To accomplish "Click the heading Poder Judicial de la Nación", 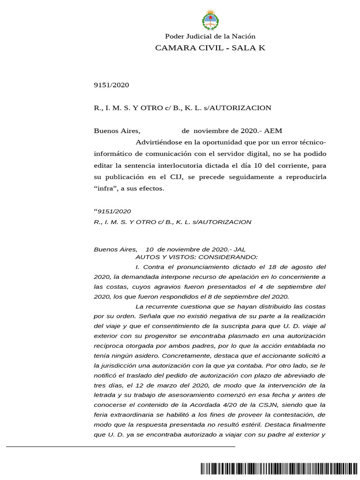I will pyautogui.click(x=210, y=37).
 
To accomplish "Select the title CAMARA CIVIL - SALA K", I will pyautogui.click(x=210, y=48).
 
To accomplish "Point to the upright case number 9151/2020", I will pyautogui.click(x=112, y=85).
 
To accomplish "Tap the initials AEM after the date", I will pyautogui.click(x=273, y=131).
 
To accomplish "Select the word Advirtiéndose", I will pyautogui.click(x=160, y=142).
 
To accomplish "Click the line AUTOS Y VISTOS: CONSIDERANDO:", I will pyautogui.click(x=196, y=257).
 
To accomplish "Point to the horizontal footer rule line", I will pyautogui.click(x=120, y=446).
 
